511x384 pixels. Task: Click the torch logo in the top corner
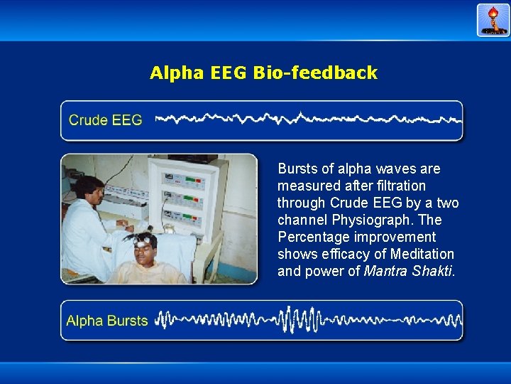(493, 20)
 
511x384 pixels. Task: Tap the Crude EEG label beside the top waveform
(105, 120)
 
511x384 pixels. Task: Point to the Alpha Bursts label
(106, 321)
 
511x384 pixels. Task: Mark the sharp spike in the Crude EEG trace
(301, 116)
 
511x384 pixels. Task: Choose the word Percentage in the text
(312, 237)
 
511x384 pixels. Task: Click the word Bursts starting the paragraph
(297, 169)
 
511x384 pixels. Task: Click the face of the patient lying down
(145, 252)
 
